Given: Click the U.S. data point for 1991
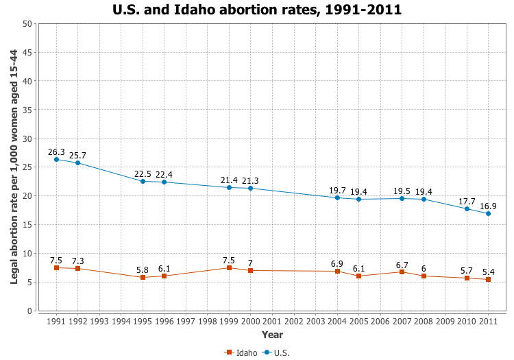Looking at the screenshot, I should (56, 160).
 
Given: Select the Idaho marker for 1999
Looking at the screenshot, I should (229, 267).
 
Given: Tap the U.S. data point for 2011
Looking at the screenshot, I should (488, 213).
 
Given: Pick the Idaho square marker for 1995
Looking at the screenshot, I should (143, 277).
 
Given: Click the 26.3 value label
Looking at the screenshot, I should (56, 152).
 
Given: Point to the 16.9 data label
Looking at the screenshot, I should (488, 206).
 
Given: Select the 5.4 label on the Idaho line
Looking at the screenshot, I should (488, 272).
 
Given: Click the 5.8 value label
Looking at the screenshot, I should (143, 269).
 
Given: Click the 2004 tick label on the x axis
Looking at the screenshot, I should (337, 321).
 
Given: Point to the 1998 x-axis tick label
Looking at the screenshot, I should (208, 321).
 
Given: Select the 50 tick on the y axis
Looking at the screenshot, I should (27, 23).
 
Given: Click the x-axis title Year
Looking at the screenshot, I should (272, 335).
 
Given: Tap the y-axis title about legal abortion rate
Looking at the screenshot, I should (14, 167).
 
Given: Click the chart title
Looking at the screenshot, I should (257, 10).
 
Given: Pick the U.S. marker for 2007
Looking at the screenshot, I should (402, 198).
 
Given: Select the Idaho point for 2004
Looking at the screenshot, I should (337, 271).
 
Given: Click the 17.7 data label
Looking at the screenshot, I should (467, 201).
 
